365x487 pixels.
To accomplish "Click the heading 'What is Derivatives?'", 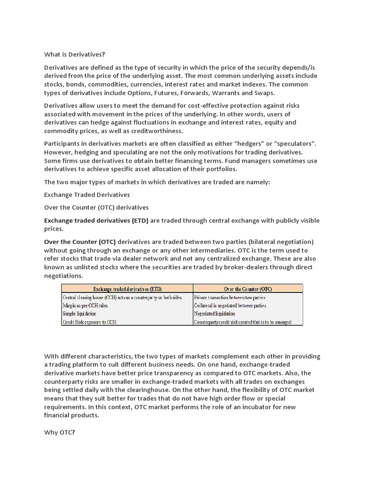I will pyautogui.click(x=74, y=54).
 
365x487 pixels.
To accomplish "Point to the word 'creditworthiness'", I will pyautogui.click(x=156, y=131).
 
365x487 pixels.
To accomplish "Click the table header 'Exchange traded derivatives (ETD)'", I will pyautogui.click(x=127, y=288).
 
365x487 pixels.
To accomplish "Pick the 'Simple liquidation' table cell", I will pyautogui.click(x=79, y=313).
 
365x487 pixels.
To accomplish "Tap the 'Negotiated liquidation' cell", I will pyautogui.click(x=214, y=313).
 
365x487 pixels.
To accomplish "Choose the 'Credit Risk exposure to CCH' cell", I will pyautogui.click(x=89, y=322).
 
